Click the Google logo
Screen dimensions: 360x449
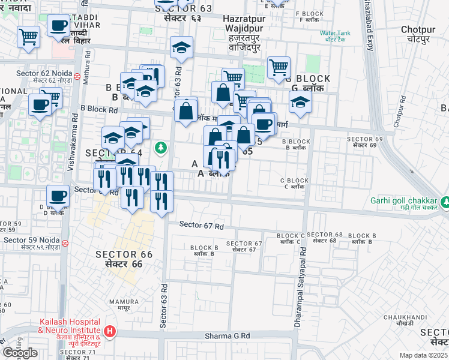20,353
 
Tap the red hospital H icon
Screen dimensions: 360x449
110,331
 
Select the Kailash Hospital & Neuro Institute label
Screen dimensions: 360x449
69,329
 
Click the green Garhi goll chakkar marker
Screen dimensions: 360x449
445,202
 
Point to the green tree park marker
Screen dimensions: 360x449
160,147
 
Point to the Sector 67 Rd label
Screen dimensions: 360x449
202,226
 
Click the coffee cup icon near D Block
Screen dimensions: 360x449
58,196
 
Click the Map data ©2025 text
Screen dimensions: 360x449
423,355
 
